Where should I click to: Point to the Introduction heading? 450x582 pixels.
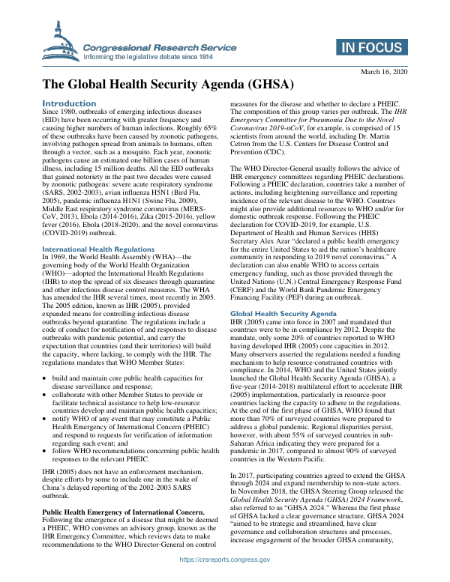[x=69, y=103]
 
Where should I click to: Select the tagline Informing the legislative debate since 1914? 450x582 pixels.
[x=148, y=56]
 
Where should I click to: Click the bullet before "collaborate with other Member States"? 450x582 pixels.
[x=46, y=402]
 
